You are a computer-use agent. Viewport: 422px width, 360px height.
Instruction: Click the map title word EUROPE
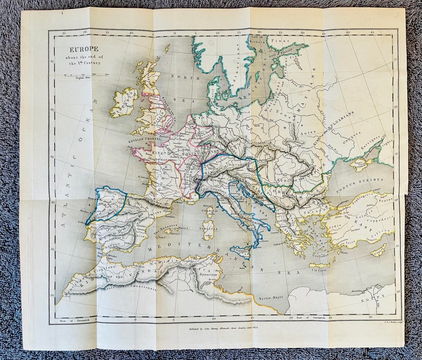(84, 50)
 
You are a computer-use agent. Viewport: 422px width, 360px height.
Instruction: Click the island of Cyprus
(378, 250)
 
